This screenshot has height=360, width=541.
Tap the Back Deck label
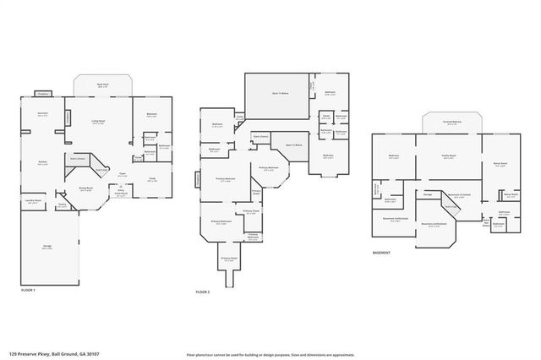pos(102,85)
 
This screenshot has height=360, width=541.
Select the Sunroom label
pos(42,112)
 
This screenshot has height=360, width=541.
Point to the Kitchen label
pos(41,161)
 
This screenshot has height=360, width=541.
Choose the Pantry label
pos(62,205)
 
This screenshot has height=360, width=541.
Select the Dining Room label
pos(86,189)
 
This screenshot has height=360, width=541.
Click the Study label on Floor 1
pos(152,178)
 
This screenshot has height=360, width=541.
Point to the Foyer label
pos(122,175)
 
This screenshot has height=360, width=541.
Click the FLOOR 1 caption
pos(29,290)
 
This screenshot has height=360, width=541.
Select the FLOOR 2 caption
pos(203,290)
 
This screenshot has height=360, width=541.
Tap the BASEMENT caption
pos(382,253)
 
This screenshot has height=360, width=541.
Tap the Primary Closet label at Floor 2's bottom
pos(229,258)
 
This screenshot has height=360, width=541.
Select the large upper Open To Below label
pos(278,95)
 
